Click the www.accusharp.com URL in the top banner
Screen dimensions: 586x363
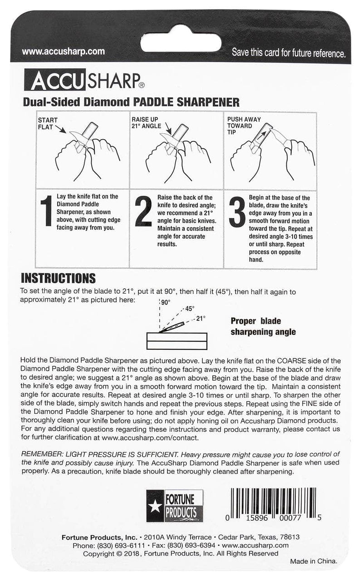(x=63, y=52)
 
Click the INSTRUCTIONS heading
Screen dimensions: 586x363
(x=59, y=278)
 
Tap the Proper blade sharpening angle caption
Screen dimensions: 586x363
(x=263, y=326)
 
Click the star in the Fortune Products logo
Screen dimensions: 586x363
(x=155, y=506)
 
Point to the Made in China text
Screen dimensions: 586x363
(x=314, y=561)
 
